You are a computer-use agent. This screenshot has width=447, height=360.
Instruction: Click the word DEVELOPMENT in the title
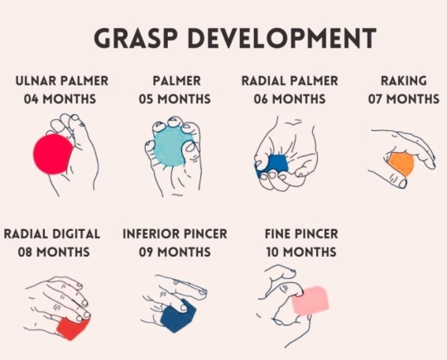tap(282, 38)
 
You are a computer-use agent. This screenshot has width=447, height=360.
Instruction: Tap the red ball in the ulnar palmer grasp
tap(53, 154)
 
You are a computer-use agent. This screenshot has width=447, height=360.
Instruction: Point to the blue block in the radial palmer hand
tap(273, 166)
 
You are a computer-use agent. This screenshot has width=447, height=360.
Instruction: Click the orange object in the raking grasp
tap(401, 163)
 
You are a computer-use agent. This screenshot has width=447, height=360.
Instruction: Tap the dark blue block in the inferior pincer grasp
tap(178, 317)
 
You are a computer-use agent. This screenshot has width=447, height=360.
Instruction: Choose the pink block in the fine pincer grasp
tap(310, 300)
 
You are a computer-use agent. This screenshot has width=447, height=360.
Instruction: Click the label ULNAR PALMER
tap(62, 81)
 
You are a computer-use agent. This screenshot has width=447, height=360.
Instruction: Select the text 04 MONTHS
tap(60, 99)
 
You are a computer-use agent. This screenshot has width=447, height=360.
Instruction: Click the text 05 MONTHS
tap(175, 99)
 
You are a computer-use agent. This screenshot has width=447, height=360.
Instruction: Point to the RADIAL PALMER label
tap(290, 81)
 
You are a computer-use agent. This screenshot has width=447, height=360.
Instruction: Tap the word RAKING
tap(404, 81)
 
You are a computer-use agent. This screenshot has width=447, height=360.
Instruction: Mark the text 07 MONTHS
tap(404, 99)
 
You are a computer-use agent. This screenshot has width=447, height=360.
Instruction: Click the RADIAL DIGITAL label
tap(52, 234)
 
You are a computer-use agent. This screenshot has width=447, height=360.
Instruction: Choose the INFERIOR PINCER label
tap(175, 234)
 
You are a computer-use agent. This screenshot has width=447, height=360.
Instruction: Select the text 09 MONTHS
tap(175, 252)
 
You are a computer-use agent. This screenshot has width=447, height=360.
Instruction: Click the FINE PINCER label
tap(301, 234)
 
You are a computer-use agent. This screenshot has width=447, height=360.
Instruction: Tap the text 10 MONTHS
tap(301, 252)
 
